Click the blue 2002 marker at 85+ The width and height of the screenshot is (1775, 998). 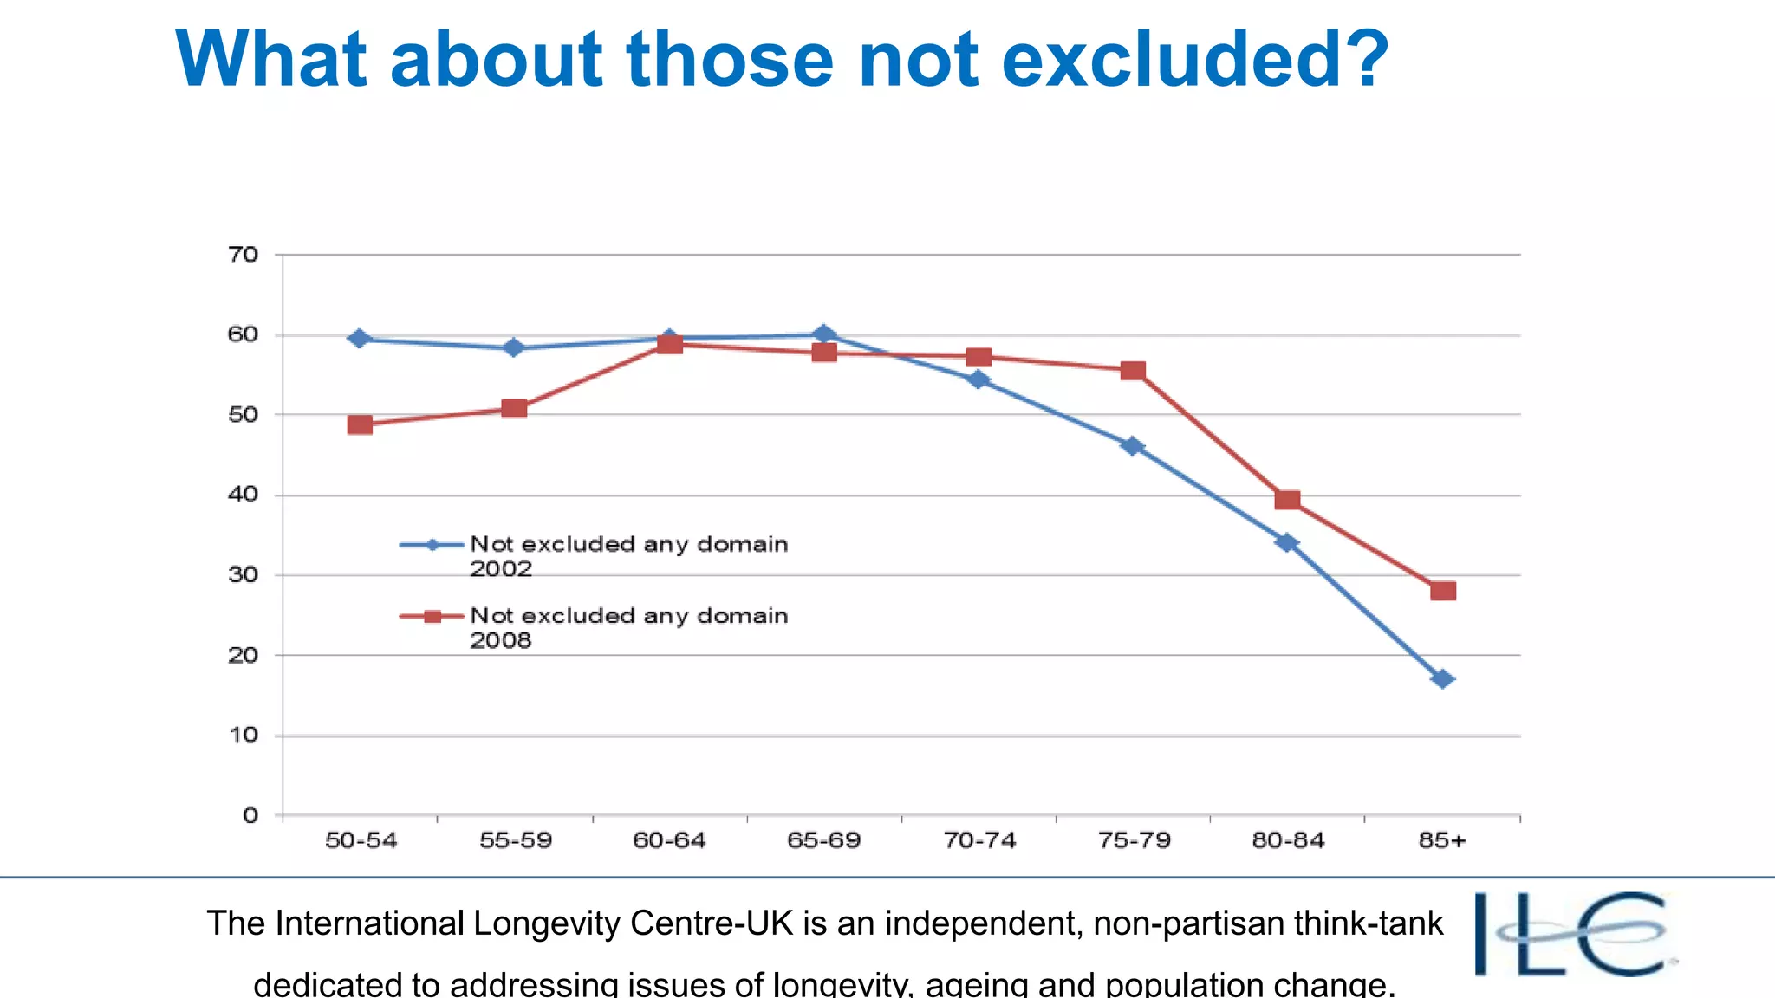pyautogui.click(x=1443, y=679)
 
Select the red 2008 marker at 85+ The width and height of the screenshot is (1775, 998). pyautogui.click(x=1443, y=591)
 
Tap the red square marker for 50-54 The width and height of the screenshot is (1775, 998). pyautogui.click(x=360, y=424)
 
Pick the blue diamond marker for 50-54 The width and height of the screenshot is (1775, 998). pyautogui.click(x=360, y=339)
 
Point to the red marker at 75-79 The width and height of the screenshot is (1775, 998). pyautogui.click(x=1133, y=371)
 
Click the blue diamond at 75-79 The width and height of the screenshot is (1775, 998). pyautogui.click(x=1133, y=446)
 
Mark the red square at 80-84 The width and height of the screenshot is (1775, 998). pyautogui.click(x=1288, y=500)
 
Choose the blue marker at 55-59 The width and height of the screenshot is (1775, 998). pyautogui.click(x=514, y=348)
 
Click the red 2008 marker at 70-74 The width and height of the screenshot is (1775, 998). pyautogui.click(x=979, y=357)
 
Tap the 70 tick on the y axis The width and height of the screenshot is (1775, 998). pyautogui.click(x=244, y=255)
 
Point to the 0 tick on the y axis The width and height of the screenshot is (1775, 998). pyautogui.click(x=250, y=815)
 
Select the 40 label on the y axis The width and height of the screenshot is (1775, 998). pyautogui.click(x=244, y=495)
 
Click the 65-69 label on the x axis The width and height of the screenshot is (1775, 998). pyautogui.click(x=823, y=840)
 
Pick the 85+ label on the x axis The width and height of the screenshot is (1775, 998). pyautogui.click(x=1442, y=840)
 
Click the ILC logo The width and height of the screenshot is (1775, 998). pyautogui.click(x=1573, y=934)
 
